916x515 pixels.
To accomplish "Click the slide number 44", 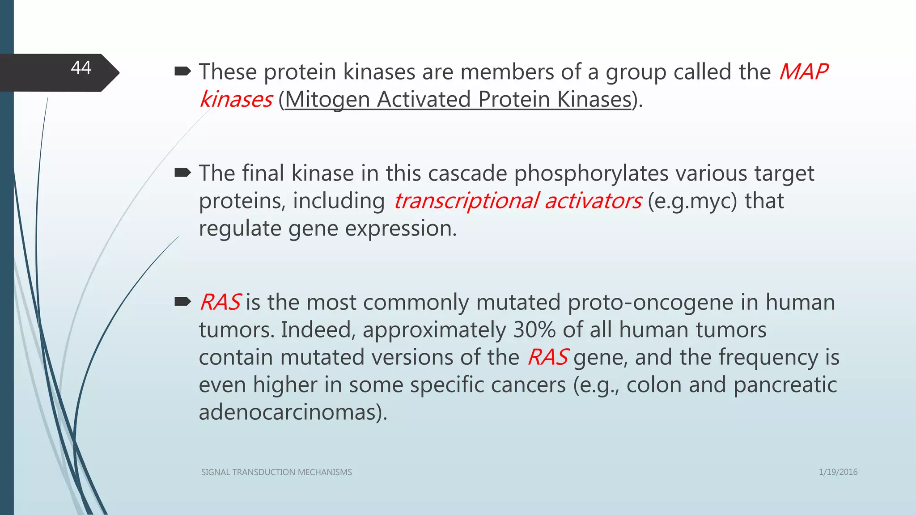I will [81, 68].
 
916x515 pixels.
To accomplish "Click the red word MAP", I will [803, 72].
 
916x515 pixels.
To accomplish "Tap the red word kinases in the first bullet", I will [236, 99].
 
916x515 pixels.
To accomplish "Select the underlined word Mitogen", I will [327, 99].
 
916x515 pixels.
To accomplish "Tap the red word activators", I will [593, 201].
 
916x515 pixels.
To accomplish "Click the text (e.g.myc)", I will [692, 201].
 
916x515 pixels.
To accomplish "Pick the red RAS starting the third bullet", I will [220, 302].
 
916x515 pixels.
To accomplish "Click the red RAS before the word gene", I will [547, 357].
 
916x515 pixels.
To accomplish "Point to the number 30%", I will [534, 330].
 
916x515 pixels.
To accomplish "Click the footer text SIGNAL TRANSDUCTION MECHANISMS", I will [276, 472].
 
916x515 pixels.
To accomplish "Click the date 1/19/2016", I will [838, 472].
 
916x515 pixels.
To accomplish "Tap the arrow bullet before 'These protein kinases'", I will [182, 71].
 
